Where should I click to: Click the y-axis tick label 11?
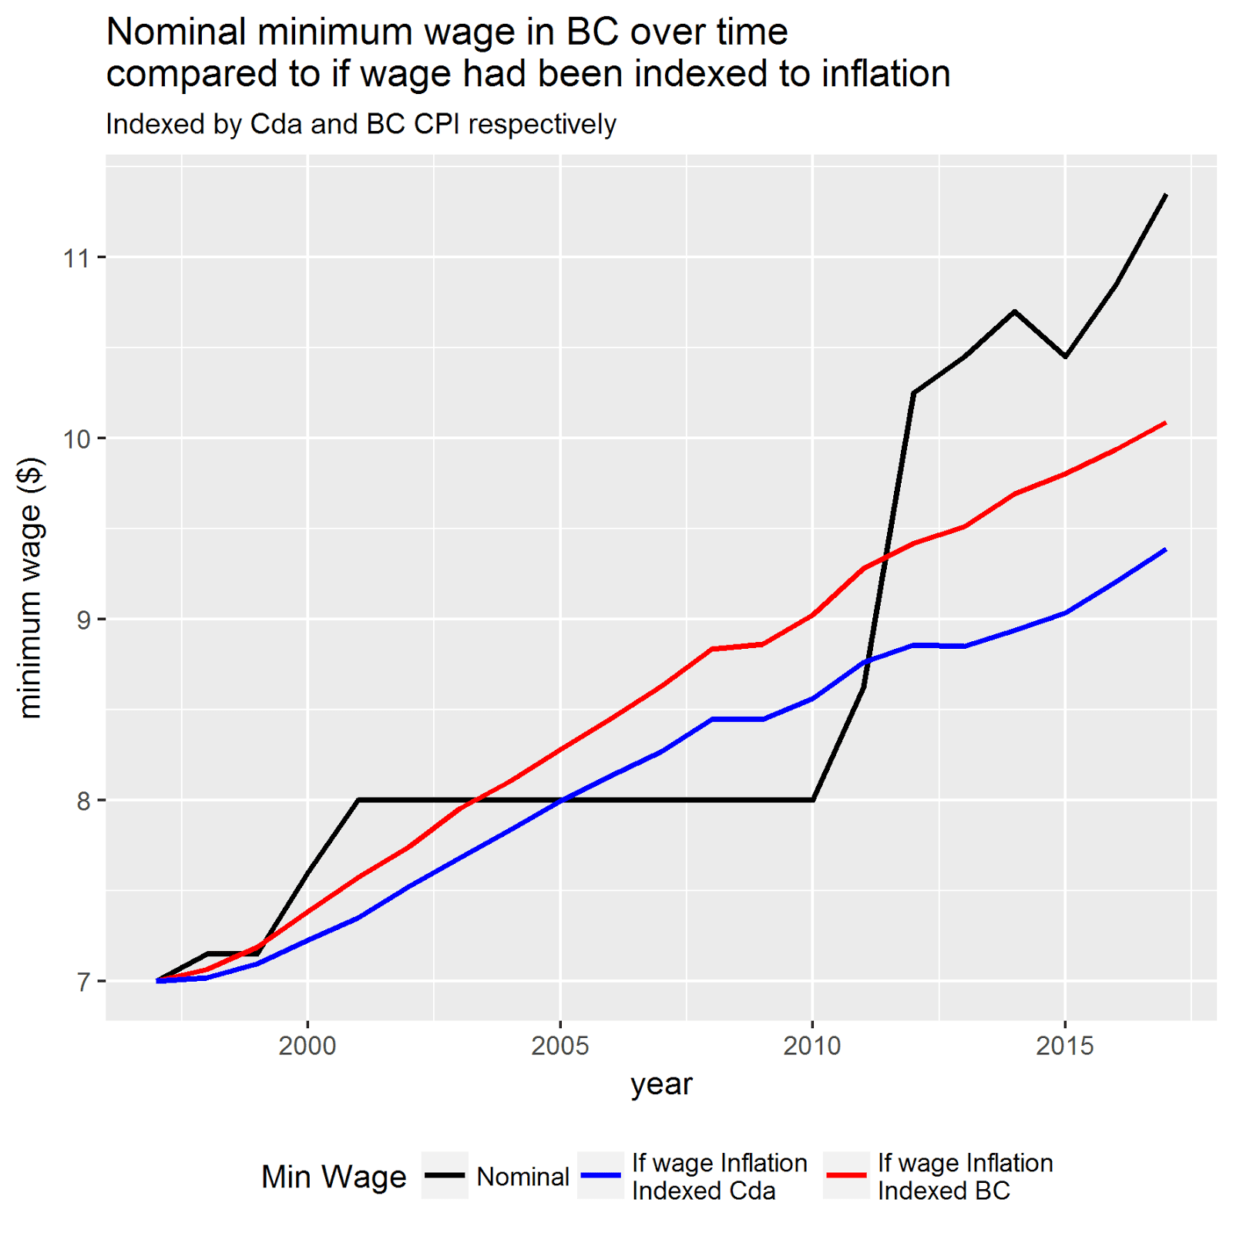76,257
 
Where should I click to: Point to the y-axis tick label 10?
76,438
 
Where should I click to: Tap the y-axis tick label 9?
82,620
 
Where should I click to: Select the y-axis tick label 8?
82,801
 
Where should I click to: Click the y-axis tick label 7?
82,982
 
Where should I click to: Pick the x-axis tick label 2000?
307,1046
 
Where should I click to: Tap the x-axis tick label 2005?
560,1046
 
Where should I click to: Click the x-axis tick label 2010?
812,1046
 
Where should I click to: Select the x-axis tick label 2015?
1065,1046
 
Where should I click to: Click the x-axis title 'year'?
661,1084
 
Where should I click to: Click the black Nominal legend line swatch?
445,1175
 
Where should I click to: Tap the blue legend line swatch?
600,1175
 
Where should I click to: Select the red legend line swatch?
846,1175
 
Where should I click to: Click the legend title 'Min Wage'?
334,1177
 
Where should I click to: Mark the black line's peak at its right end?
1166,195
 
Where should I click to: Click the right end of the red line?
1166,422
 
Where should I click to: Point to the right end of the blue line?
1166,549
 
